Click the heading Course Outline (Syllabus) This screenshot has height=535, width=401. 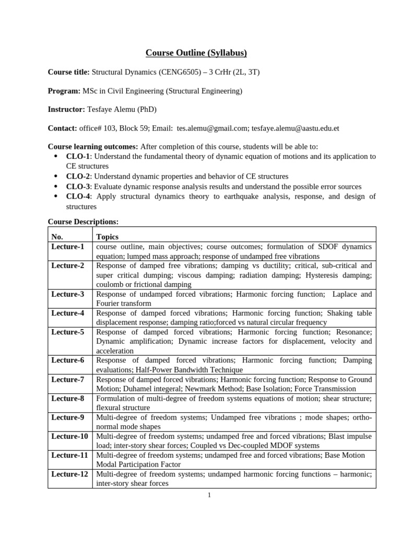196,53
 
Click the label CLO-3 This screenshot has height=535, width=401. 78,187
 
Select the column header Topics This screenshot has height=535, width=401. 108,237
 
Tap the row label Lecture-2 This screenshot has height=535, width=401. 68,265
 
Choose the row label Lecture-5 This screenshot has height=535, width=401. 68,332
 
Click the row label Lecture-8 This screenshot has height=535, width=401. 68,398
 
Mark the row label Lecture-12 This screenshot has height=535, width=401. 69,474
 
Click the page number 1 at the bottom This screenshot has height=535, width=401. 209,495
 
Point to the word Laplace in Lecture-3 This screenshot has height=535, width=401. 345,294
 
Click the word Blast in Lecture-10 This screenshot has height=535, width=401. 339,436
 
